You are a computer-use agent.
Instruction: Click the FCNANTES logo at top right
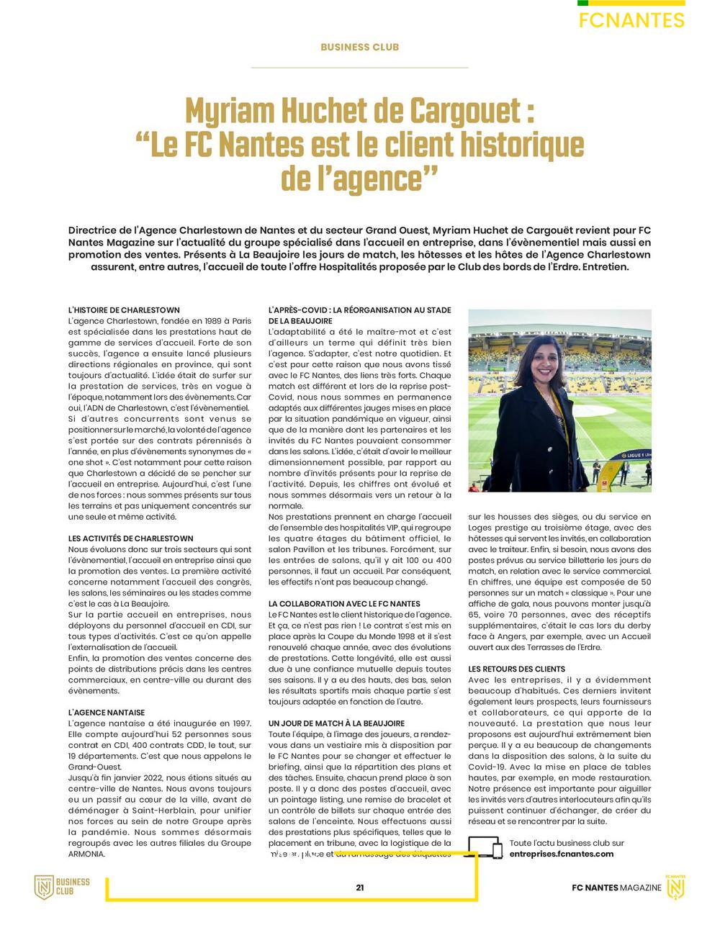pos(631,19)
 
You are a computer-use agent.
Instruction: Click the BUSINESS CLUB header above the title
pos(359,48)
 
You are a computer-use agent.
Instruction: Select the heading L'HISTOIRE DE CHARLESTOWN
pos(124,310)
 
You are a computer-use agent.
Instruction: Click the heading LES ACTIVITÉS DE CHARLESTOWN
pos(130,538)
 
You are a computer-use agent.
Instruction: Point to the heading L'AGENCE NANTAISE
pos(106,712)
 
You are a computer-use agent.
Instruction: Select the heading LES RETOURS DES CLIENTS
pos(516,669)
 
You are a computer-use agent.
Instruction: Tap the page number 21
pos(359,888)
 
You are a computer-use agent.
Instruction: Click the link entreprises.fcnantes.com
pos(561,854)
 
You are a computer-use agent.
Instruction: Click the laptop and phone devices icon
pos(485,848)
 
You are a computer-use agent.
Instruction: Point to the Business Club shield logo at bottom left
pos(45,887)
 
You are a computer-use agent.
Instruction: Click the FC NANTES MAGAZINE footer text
pos(616,888)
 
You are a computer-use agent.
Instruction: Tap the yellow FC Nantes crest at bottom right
pos(675,888)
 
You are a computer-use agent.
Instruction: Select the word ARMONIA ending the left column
pos(86,854)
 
